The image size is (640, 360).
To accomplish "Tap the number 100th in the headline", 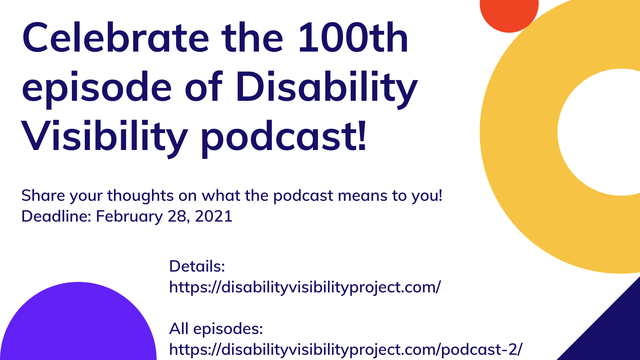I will click(353, 39).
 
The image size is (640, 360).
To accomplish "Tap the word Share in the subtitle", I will click(43, 196).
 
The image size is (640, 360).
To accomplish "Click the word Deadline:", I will click(56, 216).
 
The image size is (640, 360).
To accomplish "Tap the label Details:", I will click(197, 266).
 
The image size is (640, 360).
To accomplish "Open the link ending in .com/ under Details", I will click(305, 287).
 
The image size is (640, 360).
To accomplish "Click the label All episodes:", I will click(216, 329).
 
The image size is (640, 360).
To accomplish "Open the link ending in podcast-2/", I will click(346, 350).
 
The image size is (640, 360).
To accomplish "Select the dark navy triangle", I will click(612, 332).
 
